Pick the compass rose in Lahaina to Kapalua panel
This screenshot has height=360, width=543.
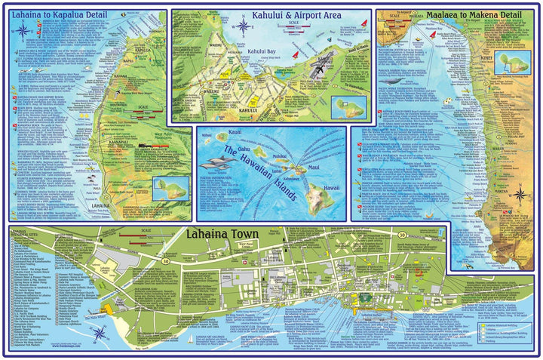pos(23,30)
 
